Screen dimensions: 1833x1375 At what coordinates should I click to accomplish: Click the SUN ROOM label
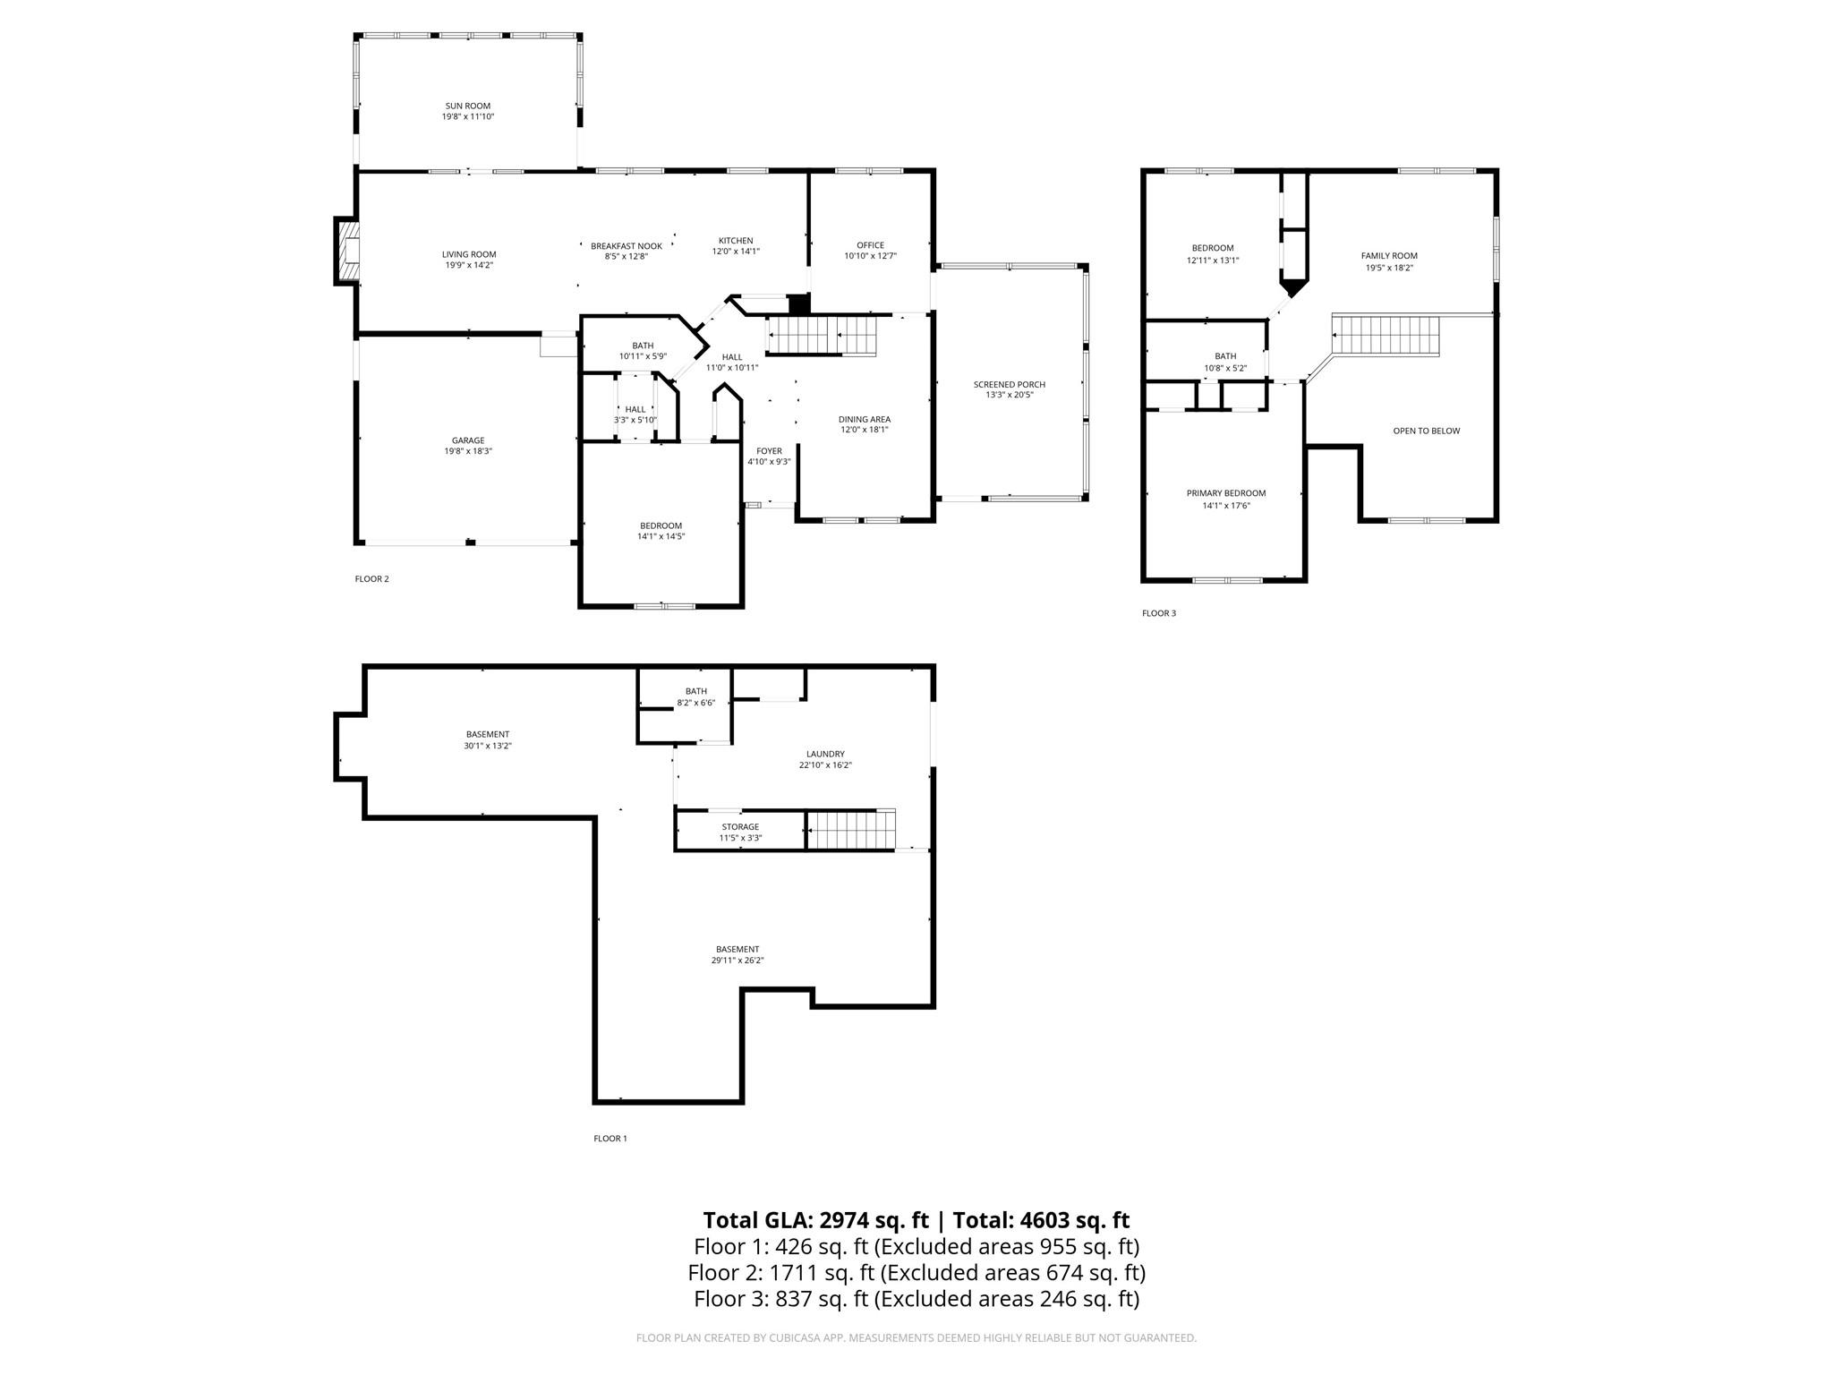click(x=467, y=106)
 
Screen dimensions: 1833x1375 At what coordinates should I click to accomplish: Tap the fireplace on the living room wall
click(x=347, y=252)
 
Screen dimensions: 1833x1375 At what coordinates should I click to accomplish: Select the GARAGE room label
click(x=468, y=440)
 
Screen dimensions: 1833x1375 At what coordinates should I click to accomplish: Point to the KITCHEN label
click(x=736, y=241)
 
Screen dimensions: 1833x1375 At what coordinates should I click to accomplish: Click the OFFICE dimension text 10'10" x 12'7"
click(x=870, y=256)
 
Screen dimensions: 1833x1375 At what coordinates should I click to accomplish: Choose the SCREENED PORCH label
click(x=1010, y=385)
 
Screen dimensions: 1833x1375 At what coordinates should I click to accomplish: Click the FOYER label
click(x=769, y=451)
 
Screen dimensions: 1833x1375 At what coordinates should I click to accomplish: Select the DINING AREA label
click(x=865, y=419)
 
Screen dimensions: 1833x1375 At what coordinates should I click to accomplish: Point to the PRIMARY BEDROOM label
click(x=1226, y=493)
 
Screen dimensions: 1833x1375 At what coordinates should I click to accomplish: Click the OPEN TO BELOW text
click(x=1427, y=431)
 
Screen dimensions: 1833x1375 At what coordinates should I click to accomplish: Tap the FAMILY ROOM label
click(x=1389, y=256)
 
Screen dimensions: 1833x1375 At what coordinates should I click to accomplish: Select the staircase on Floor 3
click(x=1385, y=335)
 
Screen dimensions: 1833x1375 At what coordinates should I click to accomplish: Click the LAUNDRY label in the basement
click(x=825, y=755)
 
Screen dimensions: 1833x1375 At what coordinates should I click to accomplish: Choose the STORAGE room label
click(x=740, y=827)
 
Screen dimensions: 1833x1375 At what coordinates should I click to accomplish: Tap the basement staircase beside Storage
click(x=851, y=830)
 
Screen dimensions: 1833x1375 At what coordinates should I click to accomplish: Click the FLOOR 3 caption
click(x=1159, y=613)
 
